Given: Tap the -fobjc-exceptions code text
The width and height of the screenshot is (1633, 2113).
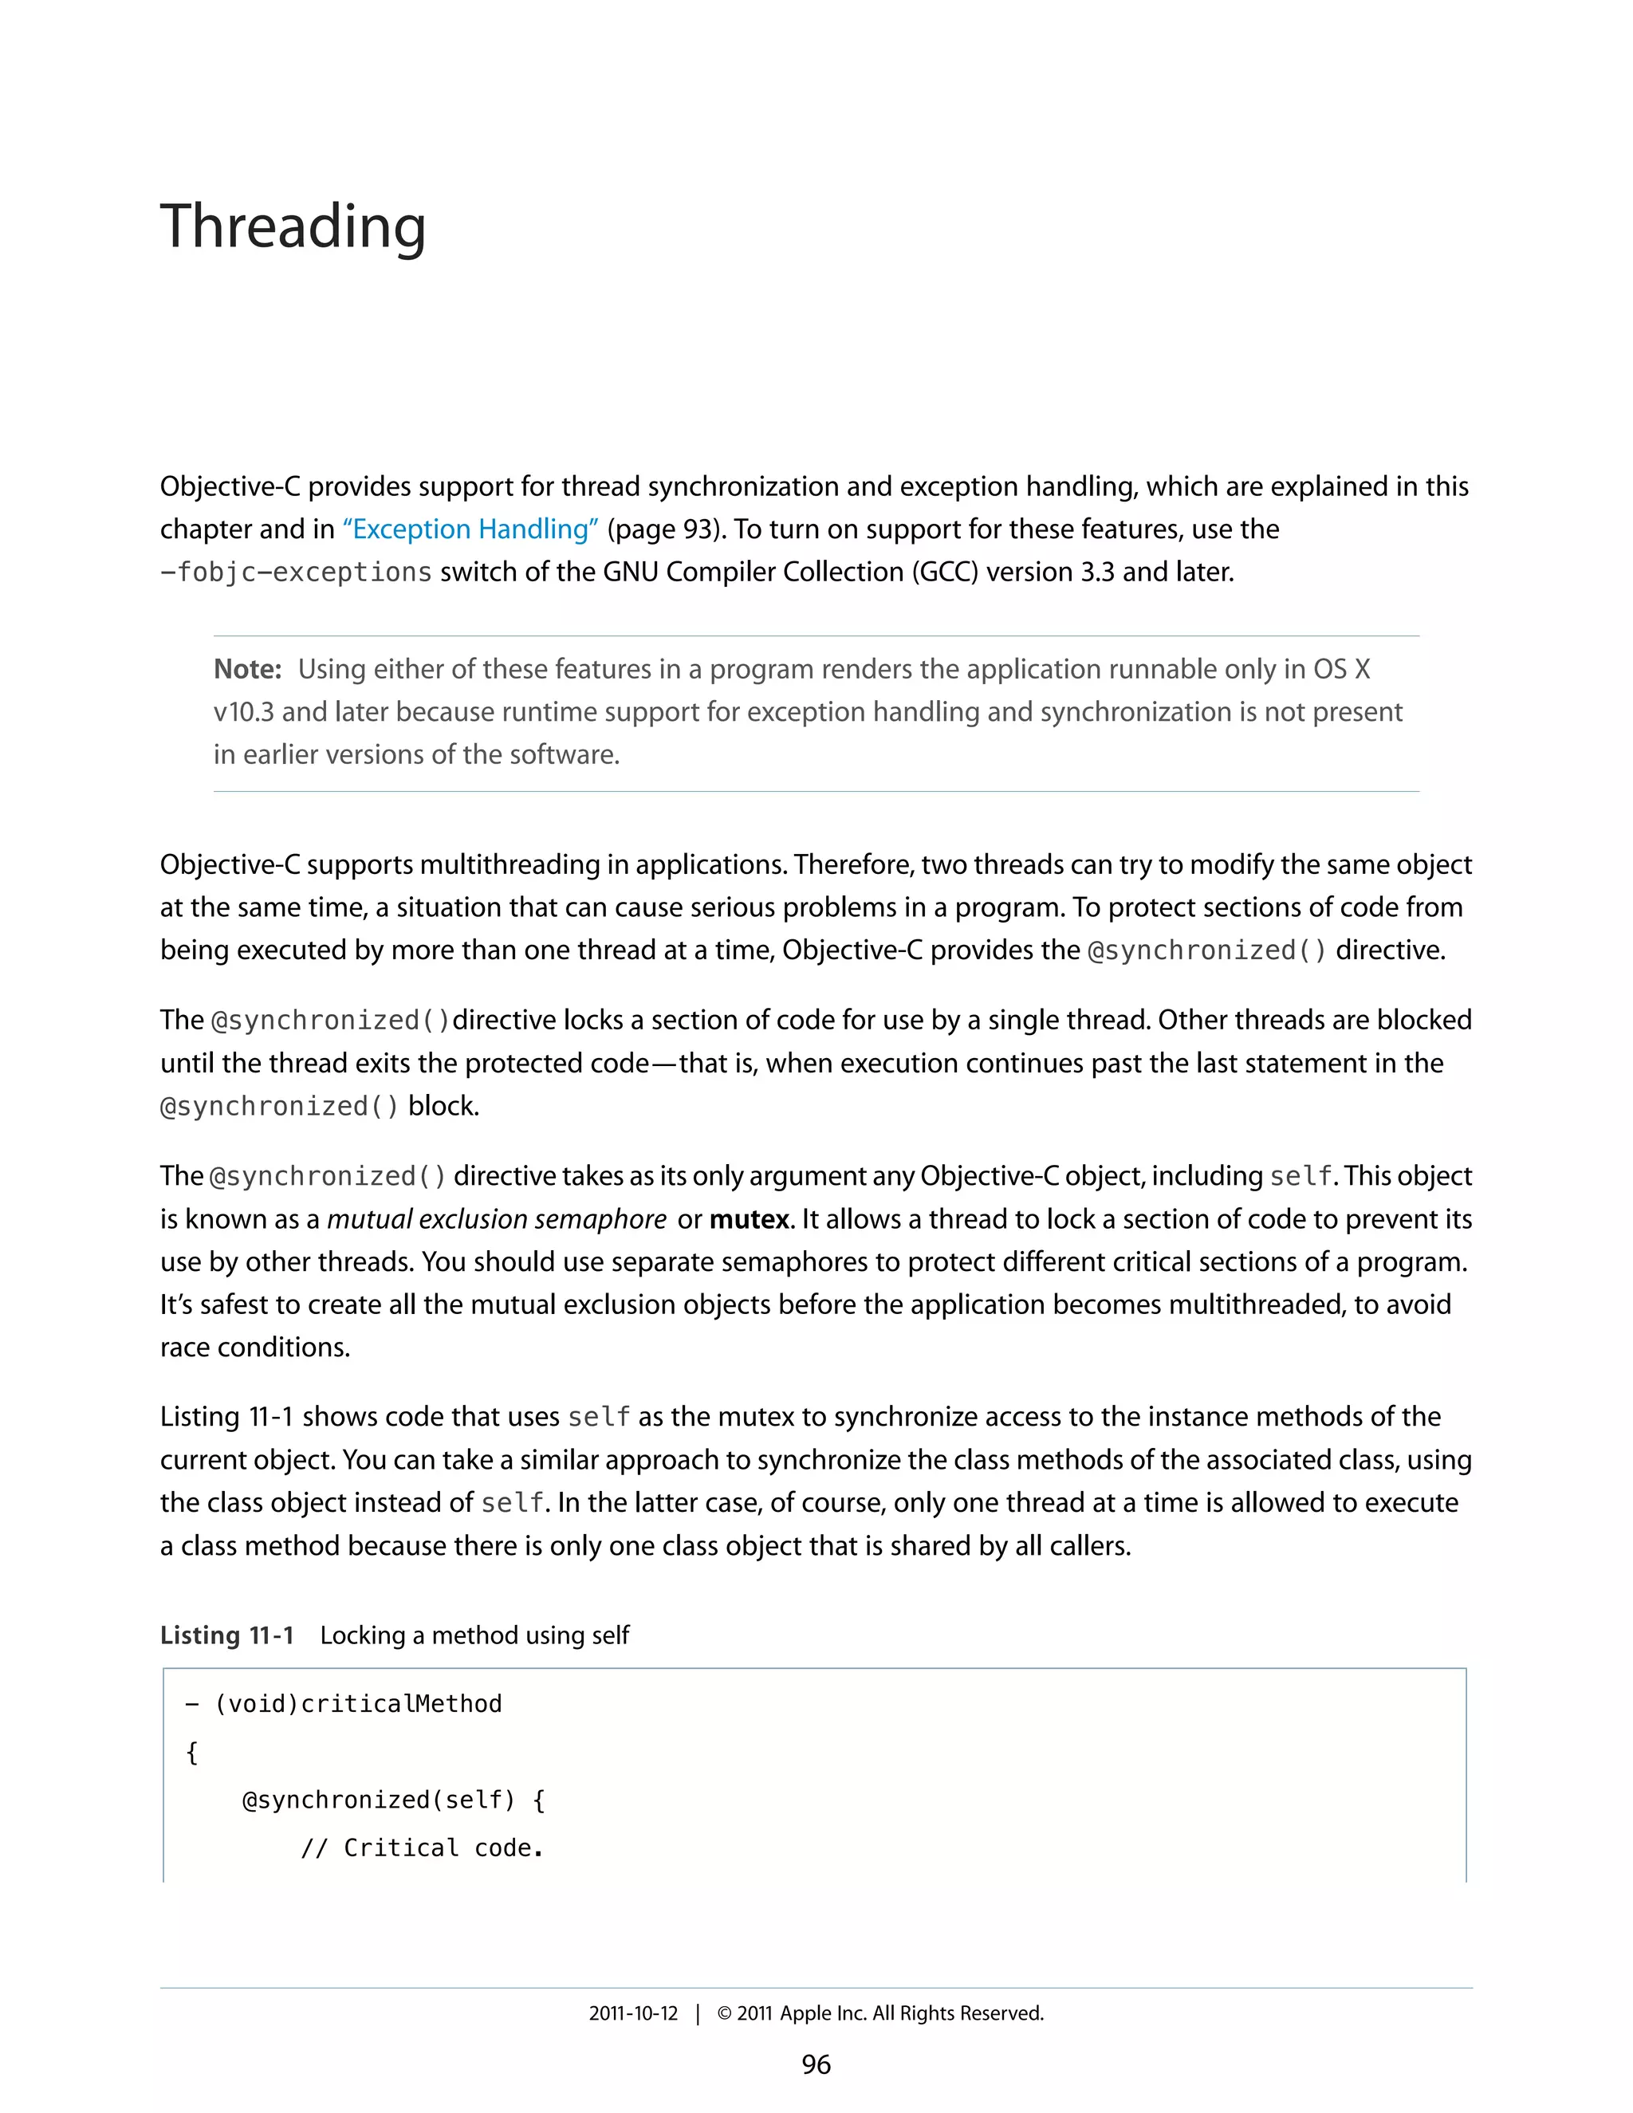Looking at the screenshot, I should pyautogui.click(x=296, y=573).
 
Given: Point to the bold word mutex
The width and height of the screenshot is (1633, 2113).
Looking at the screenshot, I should pyautogui.click(x=749, y=1219).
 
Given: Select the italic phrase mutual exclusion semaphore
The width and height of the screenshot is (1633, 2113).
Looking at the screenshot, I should pyautogui.click(x=496, y=1219).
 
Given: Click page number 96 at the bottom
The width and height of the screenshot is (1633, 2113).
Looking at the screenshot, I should pyautogui.click(x=816, y=2064).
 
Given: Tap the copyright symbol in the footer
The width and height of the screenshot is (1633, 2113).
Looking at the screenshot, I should pyautogui.click(x=724, y=2013).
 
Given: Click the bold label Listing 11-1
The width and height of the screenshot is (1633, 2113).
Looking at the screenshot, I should pyautogui.click(x=226, y=1635).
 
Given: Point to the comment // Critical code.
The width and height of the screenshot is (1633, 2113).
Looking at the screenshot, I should pyautogui.click(x=422, y=1848).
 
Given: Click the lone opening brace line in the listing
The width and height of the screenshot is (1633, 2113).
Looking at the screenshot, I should pyautogui.click(x=191, y=1752).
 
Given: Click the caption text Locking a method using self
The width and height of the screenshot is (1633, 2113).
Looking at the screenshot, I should pyautogui.click(x=474, y=1635).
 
